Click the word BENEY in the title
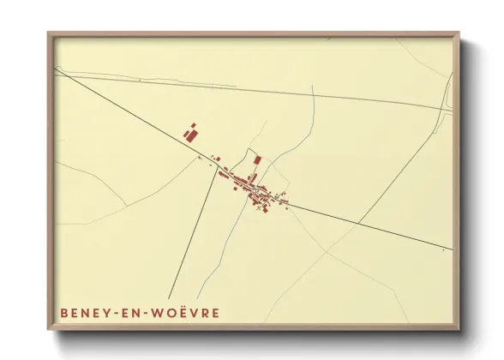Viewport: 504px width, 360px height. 87,313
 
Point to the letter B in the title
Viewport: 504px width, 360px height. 65,313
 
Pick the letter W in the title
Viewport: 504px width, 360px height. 159,313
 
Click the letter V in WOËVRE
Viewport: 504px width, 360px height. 195,313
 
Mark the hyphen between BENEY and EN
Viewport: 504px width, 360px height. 120,314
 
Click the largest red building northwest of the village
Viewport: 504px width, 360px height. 190,135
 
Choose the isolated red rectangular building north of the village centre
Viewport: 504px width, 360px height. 256,160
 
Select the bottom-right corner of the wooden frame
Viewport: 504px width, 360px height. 459,330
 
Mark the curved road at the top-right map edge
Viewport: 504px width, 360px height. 448,90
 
